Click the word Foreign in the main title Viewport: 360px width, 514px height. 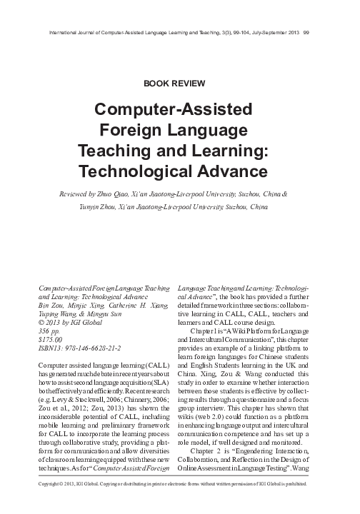pos(151,132)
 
